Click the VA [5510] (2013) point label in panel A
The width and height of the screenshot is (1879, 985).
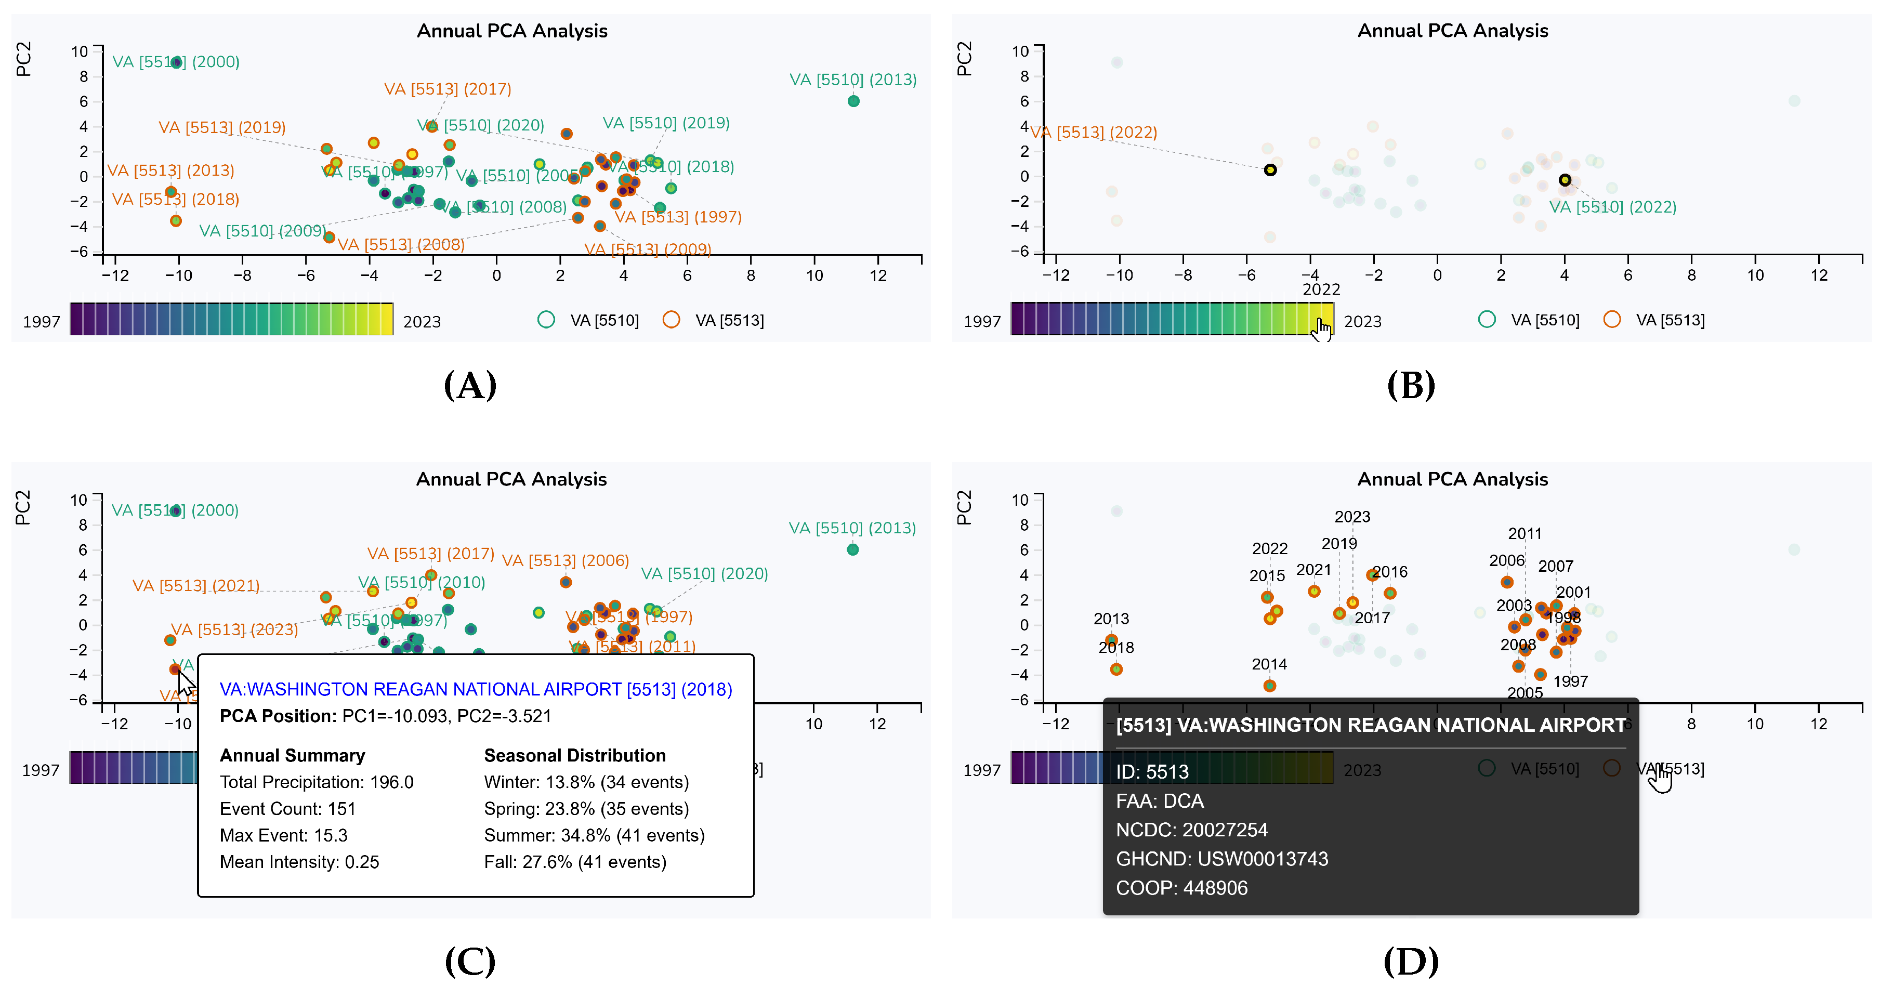pyautogui.click(x=853, y=80)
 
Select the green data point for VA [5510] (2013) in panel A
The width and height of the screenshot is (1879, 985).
pyautogui.click(x=853, y=101)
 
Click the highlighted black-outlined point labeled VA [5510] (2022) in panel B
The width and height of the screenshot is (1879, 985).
pyautogui.click(x=1565, y=179)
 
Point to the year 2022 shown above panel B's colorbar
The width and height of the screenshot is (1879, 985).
pyautogui.click(x=1321, y=290)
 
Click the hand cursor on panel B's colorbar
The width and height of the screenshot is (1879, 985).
pyautogui.click(x=1322, y=329)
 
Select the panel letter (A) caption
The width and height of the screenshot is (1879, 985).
pyautogui.click(x=470, y=385)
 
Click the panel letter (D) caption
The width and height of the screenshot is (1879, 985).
pyautogui.click(x=1411, y=961)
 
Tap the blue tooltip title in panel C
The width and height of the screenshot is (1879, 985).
pyautogui.click(x=476, y=689)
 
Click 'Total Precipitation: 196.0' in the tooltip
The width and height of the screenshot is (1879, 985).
pyautogui.click(x=317, y=782)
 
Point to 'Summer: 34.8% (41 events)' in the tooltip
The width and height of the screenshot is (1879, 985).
pyautogui.click(x=594, y=835)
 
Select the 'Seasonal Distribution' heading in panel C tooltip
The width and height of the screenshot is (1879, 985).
pyautogui.click(x=575, y=755)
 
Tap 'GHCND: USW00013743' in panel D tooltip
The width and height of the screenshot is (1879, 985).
pyautogui.click(x=1222, y=859)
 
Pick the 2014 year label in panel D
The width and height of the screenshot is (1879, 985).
pyautogui.click(x=1269, y=664)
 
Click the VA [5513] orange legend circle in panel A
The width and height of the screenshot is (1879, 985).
pyautogui.click(x=671, y=320)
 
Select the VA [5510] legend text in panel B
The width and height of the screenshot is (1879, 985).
pyautogui.click(x=1545, y=320)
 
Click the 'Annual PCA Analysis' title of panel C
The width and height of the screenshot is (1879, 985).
pyautogui.click(x=511, y=479)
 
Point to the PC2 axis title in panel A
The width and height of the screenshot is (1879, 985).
pyautogui.click(x=23, y=59)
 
